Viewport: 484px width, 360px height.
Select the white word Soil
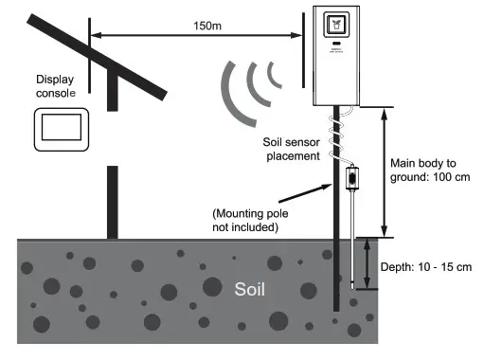(x=254, y=289)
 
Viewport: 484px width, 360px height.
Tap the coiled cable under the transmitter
(x=333, y=133)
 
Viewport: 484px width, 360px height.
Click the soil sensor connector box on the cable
(x=352, y=176)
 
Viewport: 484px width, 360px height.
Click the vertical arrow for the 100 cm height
(x=384, y=171)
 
